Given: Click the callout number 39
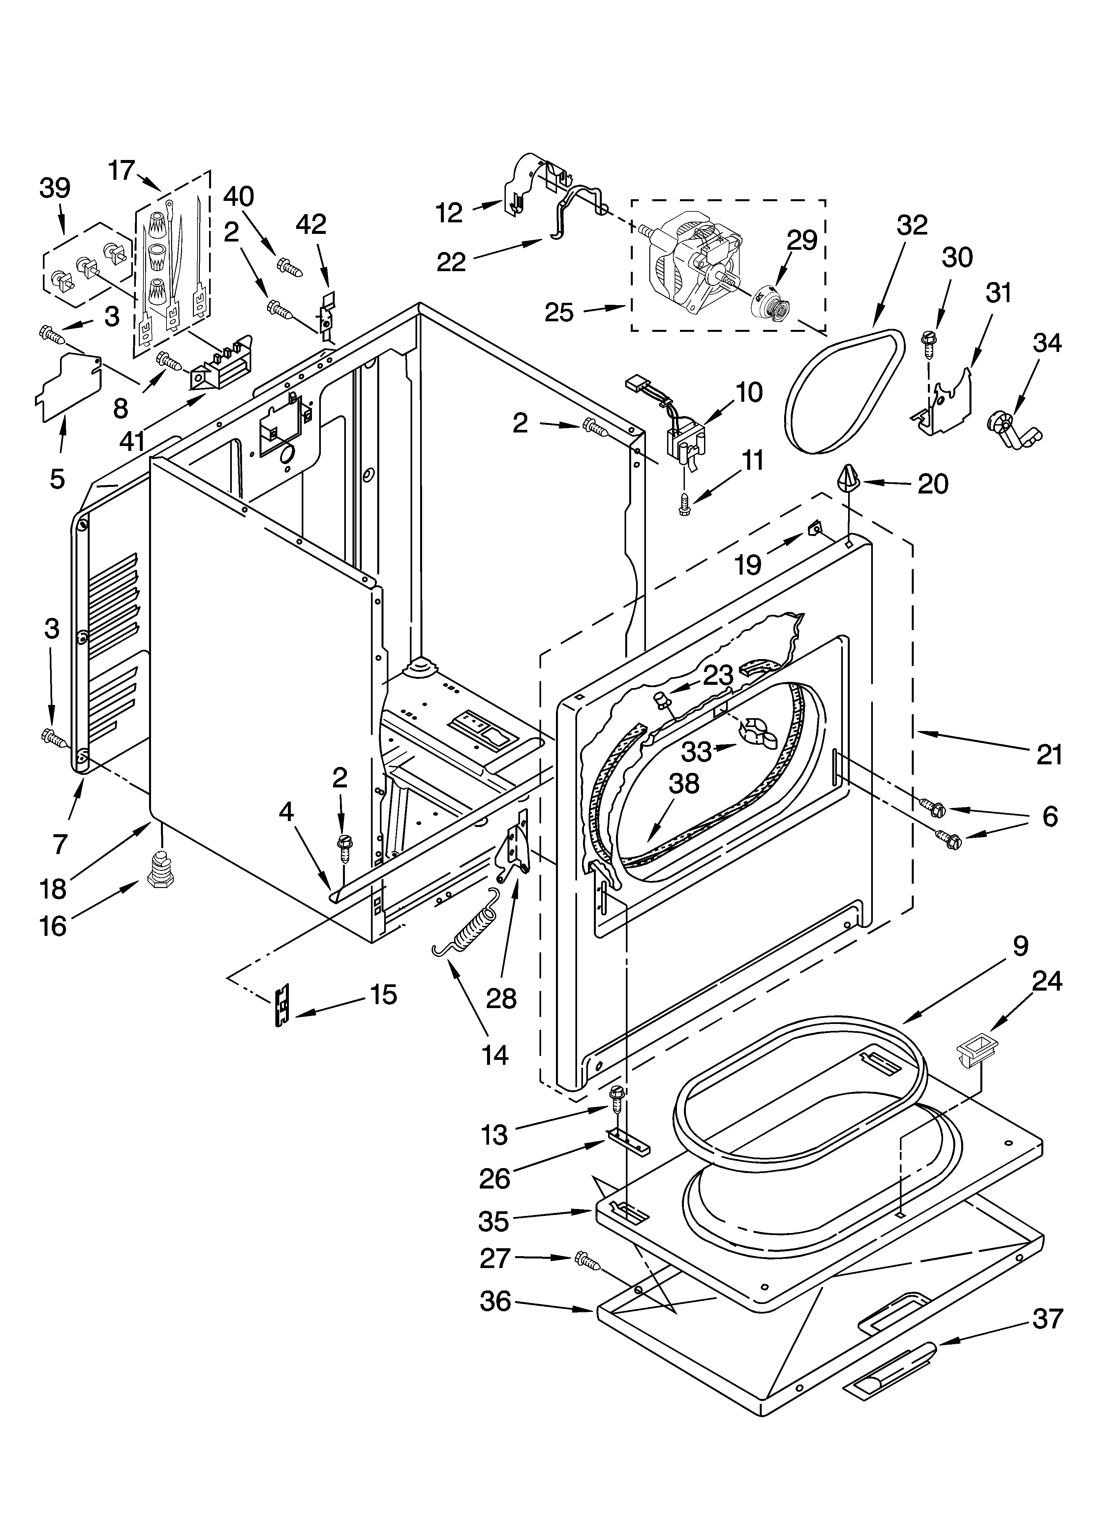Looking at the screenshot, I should click(x=55, y=188).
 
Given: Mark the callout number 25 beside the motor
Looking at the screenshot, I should click(x=559, y=313).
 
